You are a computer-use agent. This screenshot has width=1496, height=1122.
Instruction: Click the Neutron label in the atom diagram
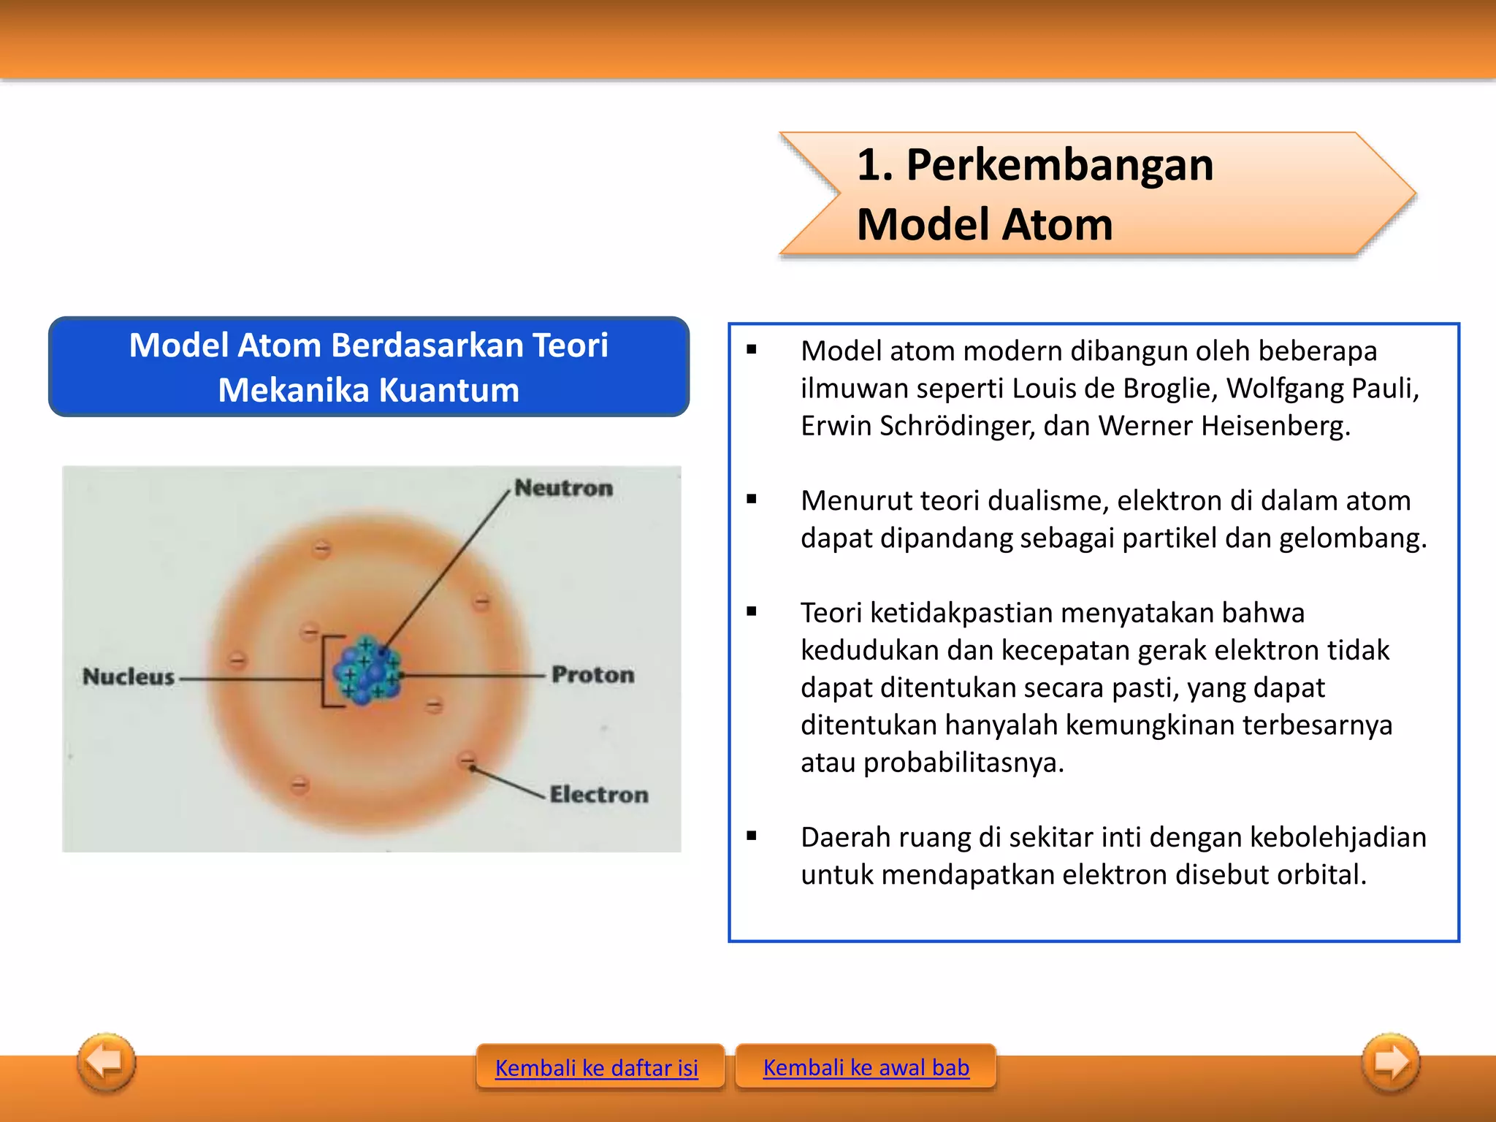[563, 488]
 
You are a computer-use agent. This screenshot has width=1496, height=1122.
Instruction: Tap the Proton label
[592, 675]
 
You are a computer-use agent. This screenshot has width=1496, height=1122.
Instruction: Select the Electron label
[598, 795]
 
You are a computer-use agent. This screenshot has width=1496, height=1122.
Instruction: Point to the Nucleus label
[129, 677]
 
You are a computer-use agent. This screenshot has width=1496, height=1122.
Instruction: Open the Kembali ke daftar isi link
[596, 1068]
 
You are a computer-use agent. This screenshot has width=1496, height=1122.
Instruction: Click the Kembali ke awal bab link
[866, 1068]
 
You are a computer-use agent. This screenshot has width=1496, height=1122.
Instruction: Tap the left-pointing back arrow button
[107, 1061]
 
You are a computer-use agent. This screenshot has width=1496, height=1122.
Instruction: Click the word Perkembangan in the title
[1059, 165]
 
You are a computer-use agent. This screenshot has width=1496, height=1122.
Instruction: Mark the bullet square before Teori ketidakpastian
[752, 612]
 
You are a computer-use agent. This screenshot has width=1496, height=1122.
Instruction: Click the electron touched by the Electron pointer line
[467, 760]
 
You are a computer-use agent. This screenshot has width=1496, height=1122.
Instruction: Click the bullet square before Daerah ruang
[752, 836]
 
